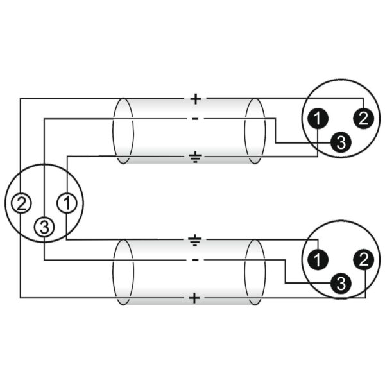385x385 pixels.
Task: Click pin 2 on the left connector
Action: (x=21, y=203)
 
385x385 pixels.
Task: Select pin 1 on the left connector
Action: (x=67, y=203)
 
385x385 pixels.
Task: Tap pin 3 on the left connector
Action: (x=44, y=227)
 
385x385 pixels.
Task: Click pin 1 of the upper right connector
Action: (x=318, y=119)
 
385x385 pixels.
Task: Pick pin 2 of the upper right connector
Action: (x=364, y=119)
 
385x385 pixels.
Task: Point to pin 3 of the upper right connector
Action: (x=341, y=142)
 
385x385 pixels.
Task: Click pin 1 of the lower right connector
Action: (x=318, y=260)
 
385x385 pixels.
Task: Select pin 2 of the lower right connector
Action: (x=364, y=260)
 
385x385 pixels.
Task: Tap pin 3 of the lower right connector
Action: (x=341, y=284)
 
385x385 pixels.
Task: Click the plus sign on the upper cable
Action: (x=196, y=99)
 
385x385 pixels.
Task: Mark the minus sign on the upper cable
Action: (x=195, y=119)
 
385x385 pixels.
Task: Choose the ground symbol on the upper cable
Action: (x=195, y=158)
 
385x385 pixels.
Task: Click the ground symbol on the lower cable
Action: (x=195, y=241)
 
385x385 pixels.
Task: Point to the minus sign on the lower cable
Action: (x=195, y=260)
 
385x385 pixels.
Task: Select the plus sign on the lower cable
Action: (x=194, y=298)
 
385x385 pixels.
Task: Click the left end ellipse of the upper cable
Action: (x=123, y=131)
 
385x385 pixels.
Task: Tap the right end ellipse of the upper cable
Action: (x=255, y=131)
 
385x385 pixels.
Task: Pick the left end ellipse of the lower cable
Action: (x=123, y=272)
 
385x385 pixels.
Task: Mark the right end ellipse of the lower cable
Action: (x=255, y=272)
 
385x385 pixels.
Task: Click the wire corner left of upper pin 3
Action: (x=275, y=142)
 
